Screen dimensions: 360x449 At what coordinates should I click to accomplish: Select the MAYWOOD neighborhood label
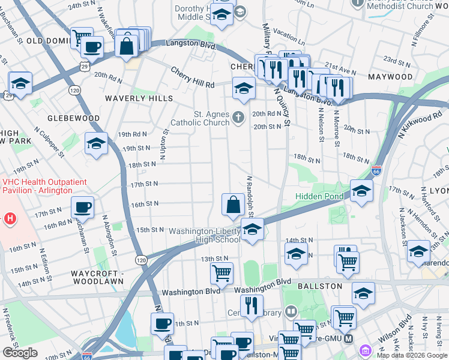click(390, 77)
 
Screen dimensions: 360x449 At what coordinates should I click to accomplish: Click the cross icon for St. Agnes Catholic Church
click(239, 117)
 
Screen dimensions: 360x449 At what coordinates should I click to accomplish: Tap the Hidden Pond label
click(319, 196)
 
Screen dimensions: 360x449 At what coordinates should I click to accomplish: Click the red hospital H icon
click(9, 219)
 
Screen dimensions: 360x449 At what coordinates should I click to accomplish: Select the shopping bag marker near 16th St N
click(232, 205)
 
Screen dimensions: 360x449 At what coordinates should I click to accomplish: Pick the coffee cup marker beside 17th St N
click(82, 208)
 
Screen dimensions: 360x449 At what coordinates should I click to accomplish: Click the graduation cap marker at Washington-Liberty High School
click(252, 230)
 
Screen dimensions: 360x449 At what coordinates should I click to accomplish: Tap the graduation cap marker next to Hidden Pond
click(361, 191)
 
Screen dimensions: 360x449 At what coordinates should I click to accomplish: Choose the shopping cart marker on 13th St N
click(221, 274)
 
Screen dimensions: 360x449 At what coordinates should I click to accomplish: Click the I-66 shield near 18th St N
click(376, 171)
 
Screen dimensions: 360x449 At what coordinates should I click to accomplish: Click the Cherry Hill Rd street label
click(192, 85)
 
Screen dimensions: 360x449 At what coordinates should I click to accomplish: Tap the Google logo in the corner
click(20, 353)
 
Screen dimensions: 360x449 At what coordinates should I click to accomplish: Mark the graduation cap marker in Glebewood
click(96, 144)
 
